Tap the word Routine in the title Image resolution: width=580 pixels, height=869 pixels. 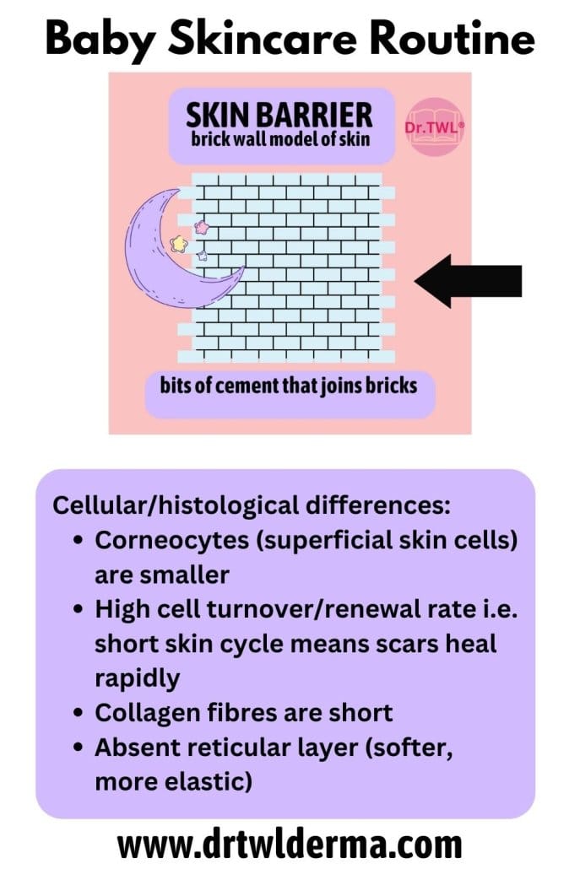coord(452,38)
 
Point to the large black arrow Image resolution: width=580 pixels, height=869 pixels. coord(468,281)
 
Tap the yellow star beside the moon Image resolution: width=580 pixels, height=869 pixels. coord(178,243)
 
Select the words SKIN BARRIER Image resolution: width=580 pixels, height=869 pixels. coord(279,116)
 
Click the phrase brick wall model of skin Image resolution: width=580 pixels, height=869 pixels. coord(280,138)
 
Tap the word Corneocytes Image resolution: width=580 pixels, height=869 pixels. coord(172,540)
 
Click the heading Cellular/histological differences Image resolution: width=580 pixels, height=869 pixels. coord(252,505)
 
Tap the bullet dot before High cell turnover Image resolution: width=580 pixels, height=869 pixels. coord(79,610)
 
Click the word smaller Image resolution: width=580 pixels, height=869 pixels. coord(162,575)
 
